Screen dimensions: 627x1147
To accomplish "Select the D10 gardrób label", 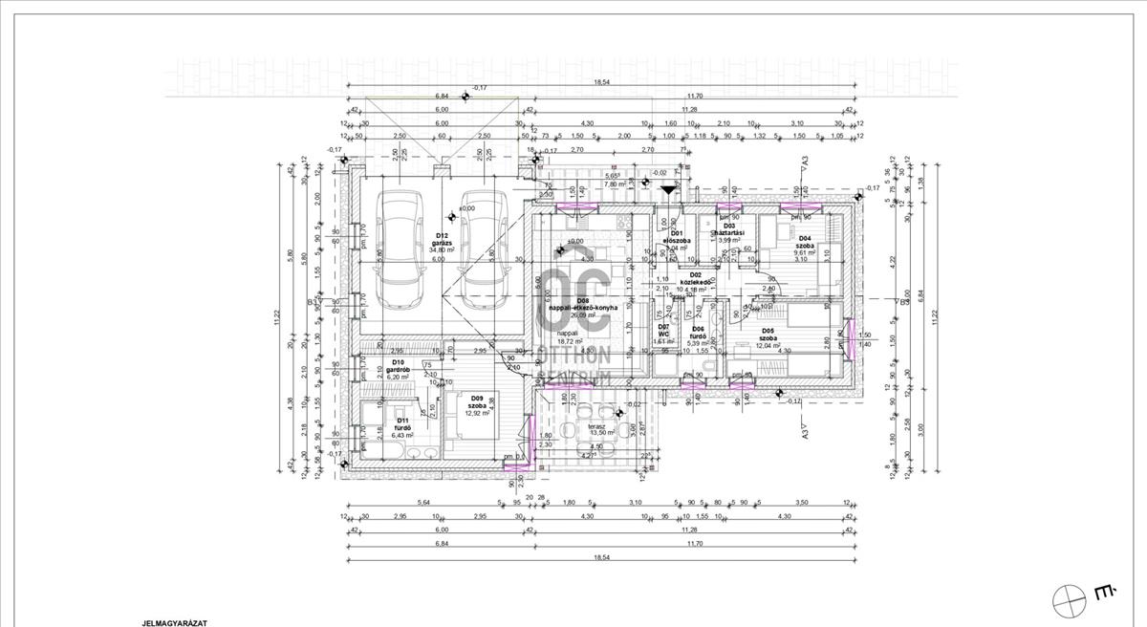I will pyautogui.click(x=399, y=370).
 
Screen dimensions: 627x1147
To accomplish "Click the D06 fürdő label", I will pyautogui.click(x=698, y=335).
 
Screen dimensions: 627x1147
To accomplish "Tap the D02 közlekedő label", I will pyautogui.click(x=695, y=282).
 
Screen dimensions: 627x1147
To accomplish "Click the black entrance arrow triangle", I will pyautogui.click(x=667, y=190).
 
